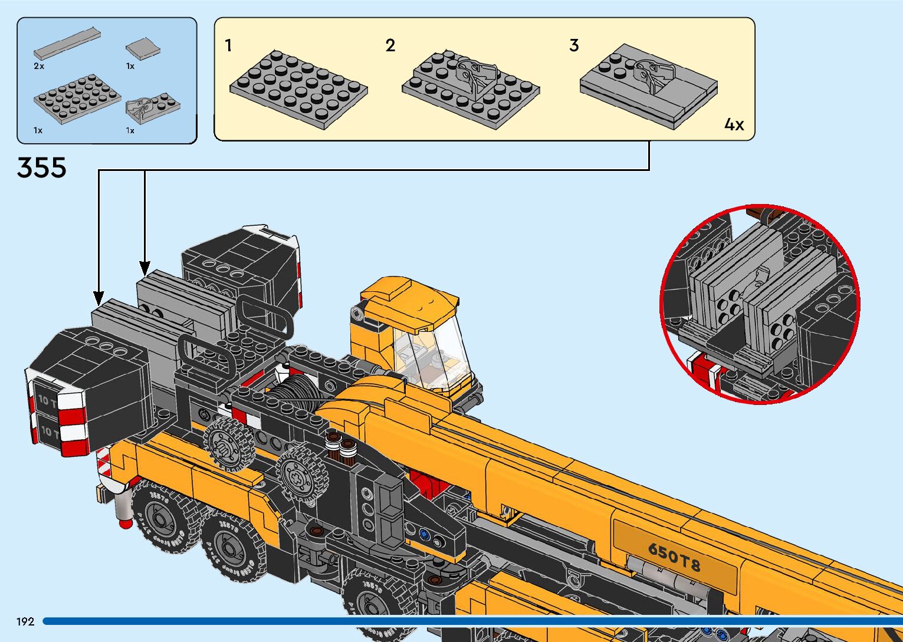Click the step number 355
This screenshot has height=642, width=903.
(41, 167)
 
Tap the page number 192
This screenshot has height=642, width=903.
(25, 621)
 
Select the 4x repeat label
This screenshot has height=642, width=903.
(734, 124)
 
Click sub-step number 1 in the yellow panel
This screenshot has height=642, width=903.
(228, 45)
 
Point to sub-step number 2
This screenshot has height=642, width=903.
(390, 45)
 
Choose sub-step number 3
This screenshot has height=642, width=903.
(574, 45)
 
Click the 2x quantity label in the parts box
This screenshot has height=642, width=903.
(39, 66)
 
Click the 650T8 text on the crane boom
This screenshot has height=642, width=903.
(674, 557)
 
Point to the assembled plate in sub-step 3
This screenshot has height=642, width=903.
(649, 85)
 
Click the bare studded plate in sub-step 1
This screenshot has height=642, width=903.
(298, 88)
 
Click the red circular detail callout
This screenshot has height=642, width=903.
(760, 304)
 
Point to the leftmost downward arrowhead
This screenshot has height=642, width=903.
(98, 298)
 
